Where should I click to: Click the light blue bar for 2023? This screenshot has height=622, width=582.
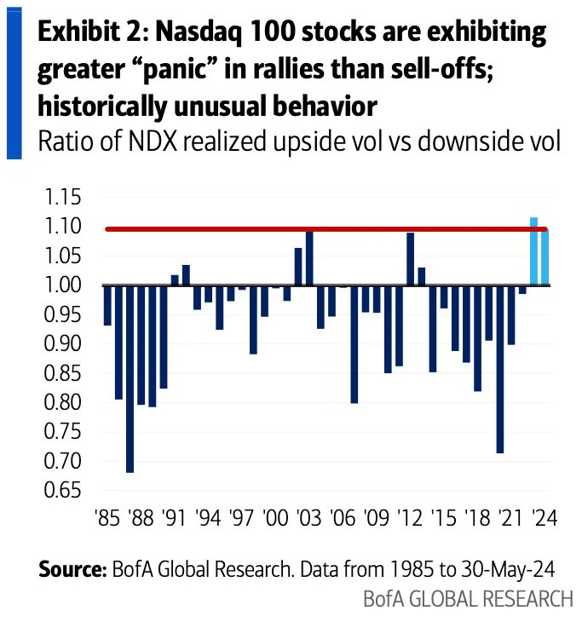(x=534, y=252)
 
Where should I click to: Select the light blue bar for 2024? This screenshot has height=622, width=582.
(x=545, y=257)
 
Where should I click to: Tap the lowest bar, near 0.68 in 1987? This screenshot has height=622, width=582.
(x=130, y=378)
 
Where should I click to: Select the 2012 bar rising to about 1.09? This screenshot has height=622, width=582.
(x=411, y=259)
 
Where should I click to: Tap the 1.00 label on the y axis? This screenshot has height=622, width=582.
(x=63, y=286)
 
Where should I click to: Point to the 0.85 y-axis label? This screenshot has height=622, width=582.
(x=63, y=374)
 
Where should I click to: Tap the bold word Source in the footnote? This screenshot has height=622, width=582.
(x=72, y=570)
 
